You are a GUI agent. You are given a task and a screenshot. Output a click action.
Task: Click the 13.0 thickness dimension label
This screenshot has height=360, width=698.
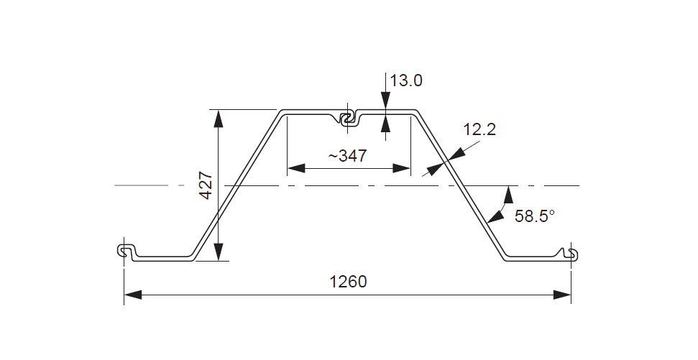click(x=407, y=80)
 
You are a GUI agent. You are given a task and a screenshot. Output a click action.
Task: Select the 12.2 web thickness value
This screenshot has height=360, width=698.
click(x=479, y=130)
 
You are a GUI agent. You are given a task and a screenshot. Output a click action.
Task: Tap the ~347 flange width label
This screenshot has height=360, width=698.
click(x=348, y=155)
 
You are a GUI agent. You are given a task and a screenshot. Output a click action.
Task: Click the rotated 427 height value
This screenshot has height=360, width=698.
click(x=205, y=185)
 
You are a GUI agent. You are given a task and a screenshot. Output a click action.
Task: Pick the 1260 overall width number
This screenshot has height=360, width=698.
click(x=348, y=282)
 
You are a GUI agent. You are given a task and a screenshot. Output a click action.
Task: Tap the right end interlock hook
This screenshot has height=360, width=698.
click(x=571, y=253)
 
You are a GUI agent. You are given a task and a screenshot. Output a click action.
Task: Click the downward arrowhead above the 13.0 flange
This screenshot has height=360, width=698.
click(x=386, y=103)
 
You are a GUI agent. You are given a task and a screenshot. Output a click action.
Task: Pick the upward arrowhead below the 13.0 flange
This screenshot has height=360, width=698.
click(x=386, y=124)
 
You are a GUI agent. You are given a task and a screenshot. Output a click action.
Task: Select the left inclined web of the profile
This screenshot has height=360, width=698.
click(x=237, y=185)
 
